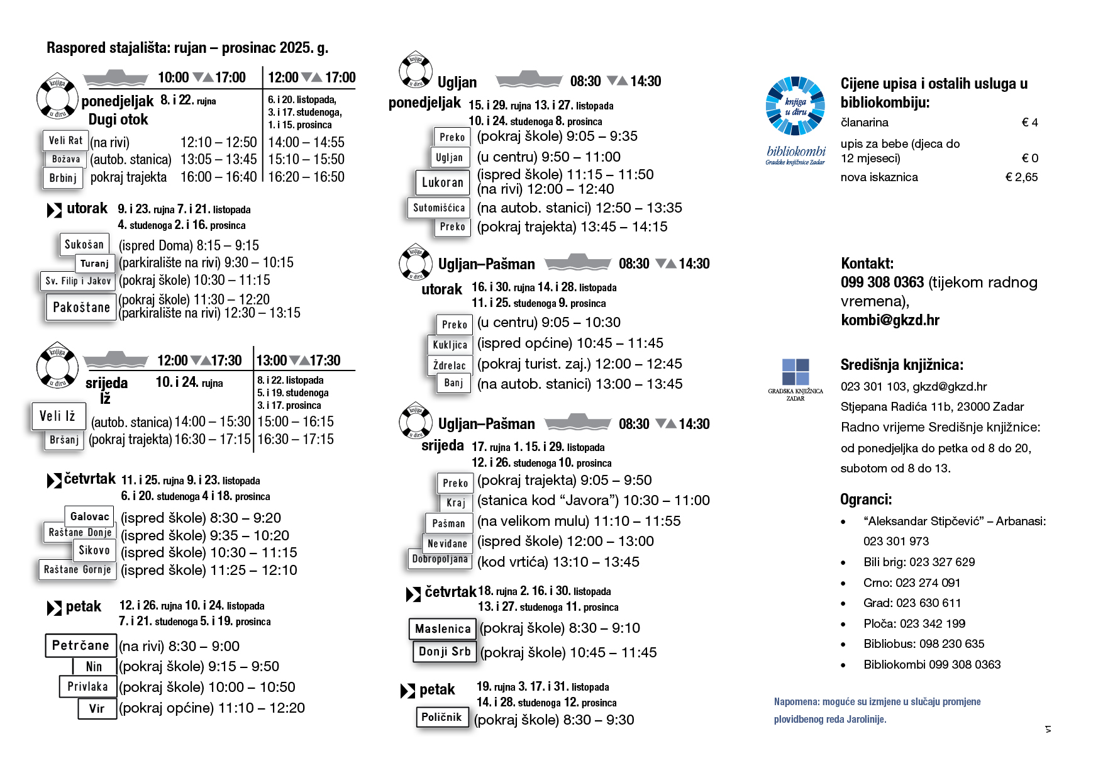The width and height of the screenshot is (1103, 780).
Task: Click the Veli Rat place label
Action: (x=65, y=140)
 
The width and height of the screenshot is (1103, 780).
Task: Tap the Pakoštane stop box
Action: (x=81, y=308)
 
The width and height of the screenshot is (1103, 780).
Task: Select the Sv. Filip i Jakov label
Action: (x=78, y=281)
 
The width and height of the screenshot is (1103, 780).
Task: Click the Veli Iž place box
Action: (x=57, y=416)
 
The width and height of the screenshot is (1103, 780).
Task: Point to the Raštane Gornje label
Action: (x=77, y=570)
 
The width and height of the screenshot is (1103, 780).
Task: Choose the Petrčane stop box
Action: (x=80, y=645)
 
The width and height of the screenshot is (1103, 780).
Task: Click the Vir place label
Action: (x=97, y=708)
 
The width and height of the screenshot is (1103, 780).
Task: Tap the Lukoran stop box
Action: (x=442, y=182)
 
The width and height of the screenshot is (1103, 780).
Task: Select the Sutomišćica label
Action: (x=439, y=208)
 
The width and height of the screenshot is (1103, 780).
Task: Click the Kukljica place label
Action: (x=450, y=345)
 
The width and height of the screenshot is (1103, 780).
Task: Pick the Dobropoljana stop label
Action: (x=440, y=559)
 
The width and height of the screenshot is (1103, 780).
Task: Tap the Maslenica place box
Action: (x=443, y=628)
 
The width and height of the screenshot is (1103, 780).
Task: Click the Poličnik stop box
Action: (x=441, y=717)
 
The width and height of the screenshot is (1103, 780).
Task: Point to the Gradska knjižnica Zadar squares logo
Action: (x=795, y=372)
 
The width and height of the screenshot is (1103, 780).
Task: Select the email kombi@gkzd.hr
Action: (x=890, y=320)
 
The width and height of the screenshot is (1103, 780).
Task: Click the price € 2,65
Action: (x=1021, y=177)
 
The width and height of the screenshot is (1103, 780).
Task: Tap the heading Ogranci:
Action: (x=866, y=499)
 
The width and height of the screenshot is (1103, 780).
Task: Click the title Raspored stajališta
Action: (x=187, y=48)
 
